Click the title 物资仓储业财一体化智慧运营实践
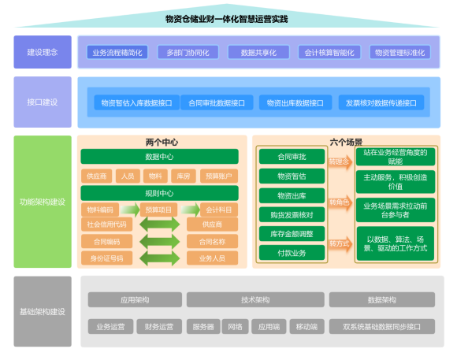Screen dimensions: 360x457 228,19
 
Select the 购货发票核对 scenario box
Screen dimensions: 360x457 292,214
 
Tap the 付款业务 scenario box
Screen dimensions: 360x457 292,253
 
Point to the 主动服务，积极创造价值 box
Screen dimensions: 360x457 395,182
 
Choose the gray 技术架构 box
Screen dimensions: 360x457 255,300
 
